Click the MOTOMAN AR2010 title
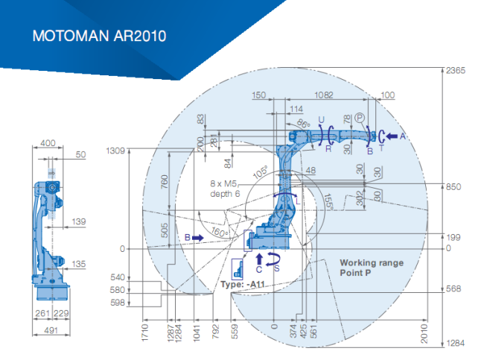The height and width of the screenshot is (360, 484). coord(99,36)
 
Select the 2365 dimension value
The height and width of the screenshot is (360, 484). coord(455,71)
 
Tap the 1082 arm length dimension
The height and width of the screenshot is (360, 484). coord(323,95)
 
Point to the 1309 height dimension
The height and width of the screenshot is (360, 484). coord(115,151)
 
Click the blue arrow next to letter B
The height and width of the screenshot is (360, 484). coord(198,238)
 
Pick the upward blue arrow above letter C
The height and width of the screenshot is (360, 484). coord(259,259)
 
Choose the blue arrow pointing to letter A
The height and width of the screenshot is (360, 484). coord(392,136)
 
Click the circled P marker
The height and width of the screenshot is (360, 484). coord(360,118)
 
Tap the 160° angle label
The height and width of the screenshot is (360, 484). coord(220,232)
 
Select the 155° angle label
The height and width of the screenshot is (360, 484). coord(328,202)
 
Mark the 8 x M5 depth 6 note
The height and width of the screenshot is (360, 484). coord(224,189)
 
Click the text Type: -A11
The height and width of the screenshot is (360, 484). coord(243,284)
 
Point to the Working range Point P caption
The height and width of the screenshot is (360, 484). coord(372,268)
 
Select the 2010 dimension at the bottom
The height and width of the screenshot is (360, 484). coord(424,333)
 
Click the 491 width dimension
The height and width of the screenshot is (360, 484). coord(51,330)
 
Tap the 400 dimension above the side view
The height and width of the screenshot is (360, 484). coord(48,143)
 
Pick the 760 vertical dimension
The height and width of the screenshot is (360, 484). coord(165,182)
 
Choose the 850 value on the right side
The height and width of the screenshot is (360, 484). coord(453,187)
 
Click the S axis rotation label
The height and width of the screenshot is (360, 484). coord(276,268)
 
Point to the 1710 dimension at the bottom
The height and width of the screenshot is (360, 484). coord(144,333)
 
